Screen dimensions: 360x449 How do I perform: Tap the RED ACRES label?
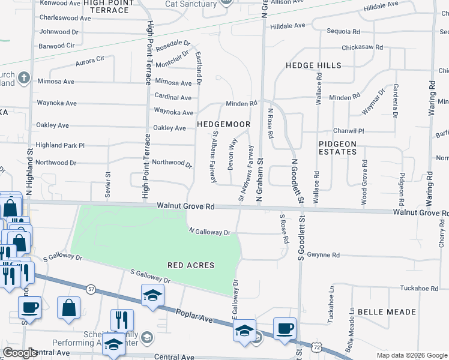point(191,265)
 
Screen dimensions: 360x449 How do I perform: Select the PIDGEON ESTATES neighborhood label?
point(337,148)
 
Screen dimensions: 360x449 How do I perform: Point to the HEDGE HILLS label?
point(313,65)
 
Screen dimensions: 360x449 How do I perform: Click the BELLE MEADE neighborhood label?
point(387,312)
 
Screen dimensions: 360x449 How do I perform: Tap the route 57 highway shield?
point(91,289)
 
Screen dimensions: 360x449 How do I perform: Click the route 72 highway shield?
point(316,346)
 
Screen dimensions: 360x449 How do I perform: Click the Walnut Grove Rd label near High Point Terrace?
point(185,206)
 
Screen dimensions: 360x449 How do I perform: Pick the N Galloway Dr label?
point(209,231)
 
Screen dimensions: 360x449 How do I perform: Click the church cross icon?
point(23,77)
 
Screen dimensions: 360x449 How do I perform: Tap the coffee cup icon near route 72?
point(285,328)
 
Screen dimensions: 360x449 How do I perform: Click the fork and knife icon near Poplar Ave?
point(122,319)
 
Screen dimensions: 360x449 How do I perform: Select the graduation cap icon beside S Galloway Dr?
point(152,294)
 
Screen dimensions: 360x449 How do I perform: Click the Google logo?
point(20,353)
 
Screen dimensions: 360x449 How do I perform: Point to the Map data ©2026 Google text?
point(411,355)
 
